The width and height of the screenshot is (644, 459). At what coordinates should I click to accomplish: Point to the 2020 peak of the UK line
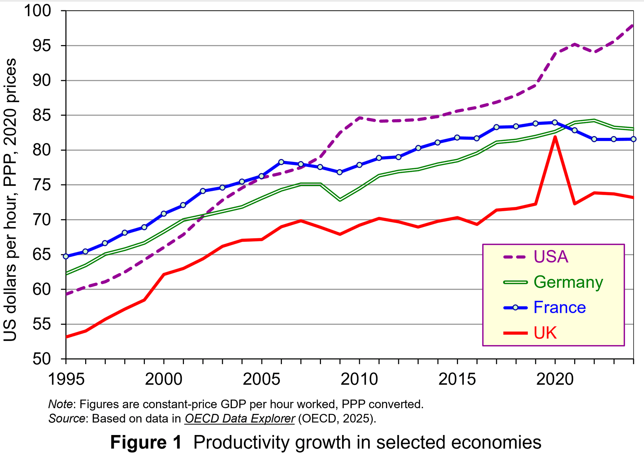[x=555, y=137]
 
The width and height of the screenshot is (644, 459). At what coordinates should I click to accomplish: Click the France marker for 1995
[x=66, y=256]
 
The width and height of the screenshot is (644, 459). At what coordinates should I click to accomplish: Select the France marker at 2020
[x=555, y=122]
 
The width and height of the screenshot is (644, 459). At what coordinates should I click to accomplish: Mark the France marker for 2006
[x=281, y=162]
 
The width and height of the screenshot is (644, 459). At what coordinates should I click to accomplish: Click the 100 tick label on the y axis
[x=38, y=11]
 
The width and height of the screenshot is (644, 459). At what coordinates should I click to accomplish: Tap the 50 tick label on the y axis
[x=42, y=359]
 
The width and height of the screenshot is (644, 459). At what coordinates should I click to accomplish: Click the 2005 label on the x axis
[x=262, y=379]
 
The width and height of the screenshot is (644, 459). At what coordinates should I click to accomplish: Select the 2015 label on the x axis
[x=457, y=379]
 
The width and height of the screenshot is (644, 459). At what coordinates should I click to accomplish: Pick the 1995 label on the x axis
[x=66, y=379]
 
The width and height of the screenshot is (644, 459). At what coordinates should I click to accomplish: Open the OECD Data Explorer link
[x=240, y=419]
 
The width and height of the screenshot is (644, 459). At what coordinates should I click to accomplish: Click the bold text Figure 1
[x=146, y=443]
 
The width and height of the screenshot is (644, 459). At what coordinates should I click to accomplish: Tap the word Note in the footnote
[x=60, y=404]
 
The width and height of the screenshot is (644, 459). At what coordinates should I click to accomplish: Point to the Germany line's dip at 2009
[x=340, y=199]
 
